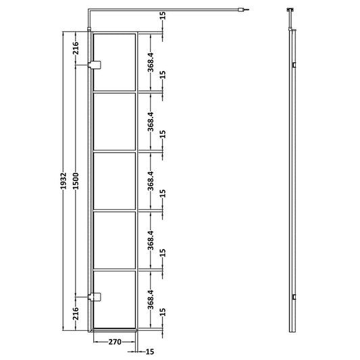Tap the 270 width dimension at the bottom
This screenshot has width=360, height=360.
[x=115, y=342]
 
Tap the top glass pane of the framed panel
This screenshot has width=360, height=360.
[x=115, y=60]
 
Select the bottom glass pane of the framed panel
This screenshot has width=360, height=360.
[x=115, y=300]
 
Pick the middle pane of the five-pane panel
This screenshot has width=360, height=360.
[x=115, y=180]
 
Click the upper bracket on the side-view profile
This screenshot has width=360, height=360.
[x=294, y=65]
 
